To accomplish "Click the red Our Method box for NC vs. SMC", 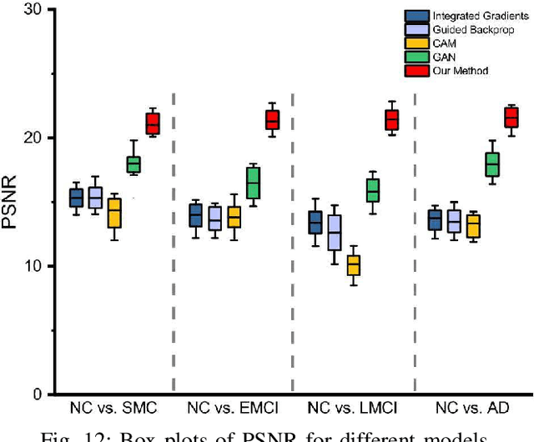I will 153,123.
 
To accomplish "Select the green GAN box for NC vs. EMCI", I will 253,183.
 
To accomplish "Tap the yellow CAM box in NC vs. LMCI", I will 353,265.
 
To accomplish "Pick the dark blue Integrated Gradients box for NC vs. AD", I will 435,220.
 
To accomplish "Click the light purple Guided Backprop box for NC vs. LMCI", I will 334,233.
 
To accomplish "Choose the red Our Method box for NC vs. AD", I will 512,117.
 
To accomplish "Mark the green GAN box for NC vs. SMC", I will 133,163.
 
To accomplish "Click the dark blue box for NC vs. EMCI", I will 195,215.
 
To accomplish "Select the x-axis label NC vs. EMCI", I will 233,409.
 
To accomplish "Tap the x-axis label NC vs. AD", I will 473,409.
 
